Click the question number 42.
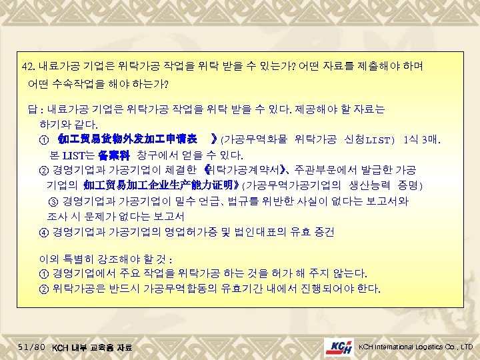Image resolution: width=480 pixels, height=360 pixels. (x=29, y=67)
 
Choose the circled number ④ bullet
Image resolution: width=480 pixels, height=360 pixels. (x=44, y=232)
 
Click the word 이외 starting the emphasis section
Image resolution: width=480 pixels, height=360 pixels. (x=51, y=259)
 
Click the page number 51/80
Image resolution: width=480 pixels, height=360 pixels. (x=32, y=347)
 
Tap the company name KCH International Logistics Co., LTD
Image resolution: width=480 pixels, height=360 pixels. (x=415, y=347)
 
